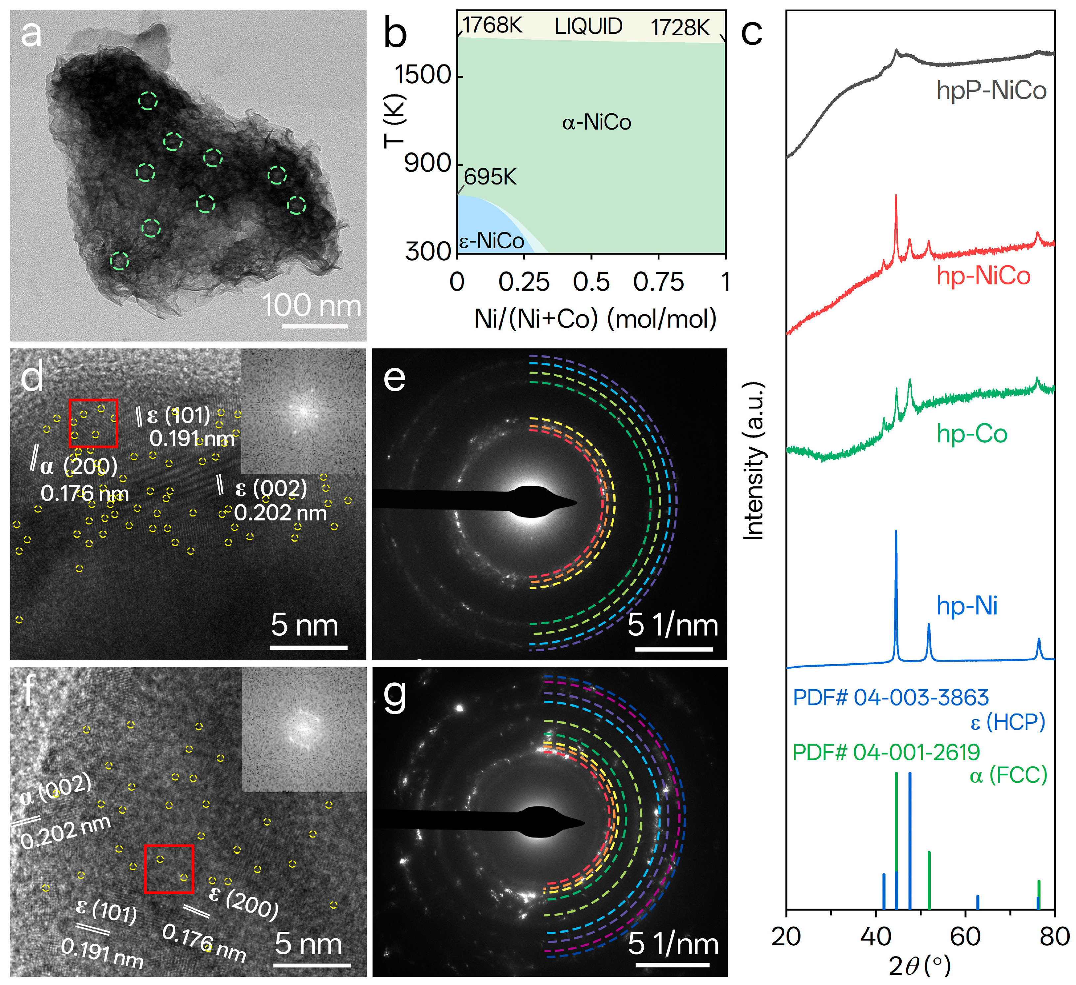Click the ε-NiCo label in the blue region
pyautogui.click(x=492, y=241)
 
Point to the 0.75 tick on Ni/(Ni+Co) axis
pyautogui.click(x=658, y=282)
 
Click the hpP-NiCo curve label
pyautogui.click(x=991, y=90)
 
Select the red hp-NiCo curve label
pyautogui.click(x=983, y=276)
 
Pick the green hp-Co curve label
pyautogui.click(x=972, y=434)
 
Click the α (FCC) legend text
pyautogui.click(x=1008, y=775)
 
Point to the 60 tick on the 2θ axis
pyautogui.click(x=965, y=936)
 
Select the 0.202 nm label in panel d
pyautogui.click(x=280, y=513)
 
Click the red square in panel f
pyautogui.click(x=169, y=869)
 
